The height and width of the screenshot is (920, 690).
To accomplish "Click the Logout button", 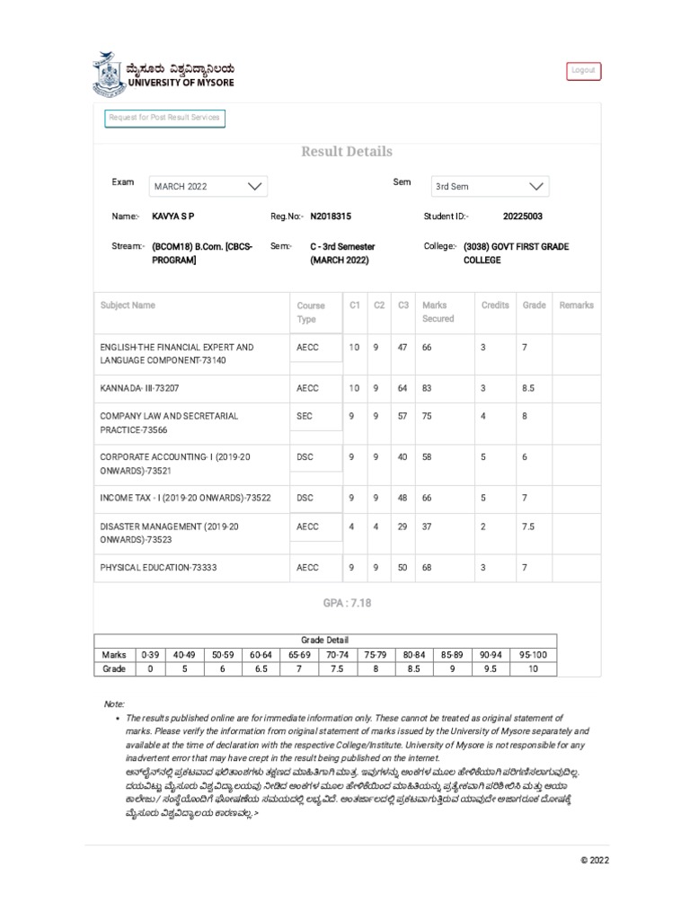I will pyautogui.click(x=583, y=71).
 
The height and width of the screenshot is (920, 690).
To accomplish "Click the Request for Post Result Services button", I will pyautogui.click(x=164, y=118).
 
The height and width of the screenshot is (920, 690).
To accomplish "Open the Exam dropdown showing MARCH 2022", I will pyautogui.click(x=208, y=186).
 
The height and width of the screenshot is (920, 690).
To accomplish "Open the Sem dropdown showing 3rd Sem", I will pyautogui.click(x=490, y=186).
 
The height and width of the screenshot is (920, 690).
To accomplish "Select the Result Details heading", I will pyautogui.click(x=347, y=152).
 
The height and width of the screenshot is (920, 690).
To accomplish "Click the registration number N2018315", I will pyautogui.click(x=331, y=217).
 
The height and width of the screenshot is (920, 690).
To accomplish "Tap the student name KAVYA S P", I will pyautogui.click(x=173, y=217).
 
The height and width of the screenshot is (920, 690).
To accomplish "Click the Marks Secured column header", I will pyautogui.click(x=438, y=312).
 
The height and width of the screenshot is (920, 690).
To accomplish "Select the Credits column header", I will pyautogui.click(x=495, y=305).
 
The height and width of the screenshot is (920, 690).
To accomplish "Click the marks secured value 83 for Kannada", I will pyautogui.click(x=427, y=388).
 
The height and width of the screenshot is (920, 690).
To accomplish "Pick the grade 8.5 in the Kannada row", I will pyautogui.click(x=528, y=388).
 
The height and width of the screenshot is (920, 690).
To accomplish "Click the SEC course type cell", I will pyautogui.click(x=305, y=416).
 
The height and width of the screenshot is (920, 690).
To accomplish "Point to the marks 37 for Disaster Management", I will pyautogui.click(x=427, y=526).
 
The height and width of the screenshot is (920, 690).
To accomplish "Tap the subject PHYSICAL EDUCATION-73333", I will pyautogui.click(x=158, y=568).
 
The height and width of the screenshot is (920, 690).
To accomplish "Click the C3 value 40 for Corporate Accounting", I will pyautogui.click(x=402, y=457).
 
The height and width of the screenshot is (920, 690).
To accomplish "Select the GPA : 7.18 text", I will pyautogui.click(x=347, y=603).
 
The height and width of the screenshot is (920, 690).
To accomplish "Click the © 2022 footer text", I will pyautogui.click(x=595, y=860).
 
